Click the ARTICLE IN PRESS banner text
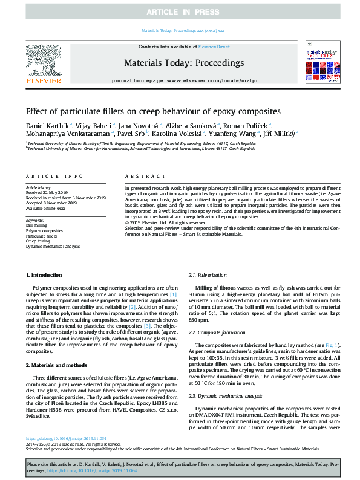coord(180,11)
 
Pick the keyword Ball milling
coord(35,225)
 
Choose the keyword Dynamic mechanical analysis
coord(52,247)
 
